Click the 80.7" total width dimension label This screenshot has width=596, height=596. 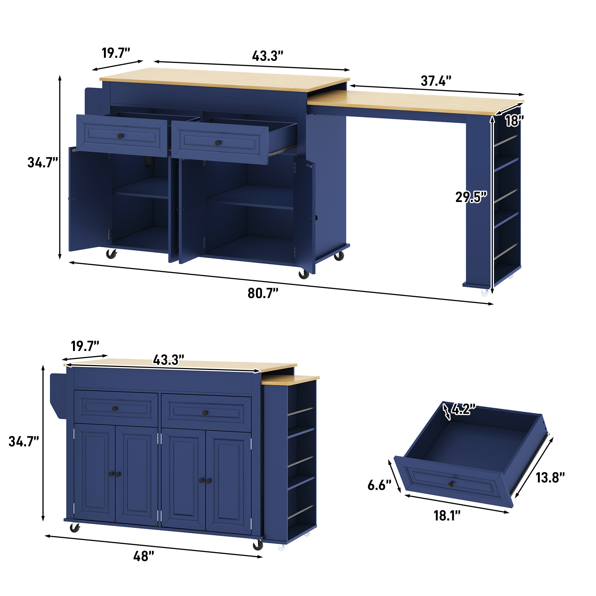tap(263, 293)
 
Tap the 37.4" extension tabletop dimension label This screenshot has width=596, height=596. tap(436, 80)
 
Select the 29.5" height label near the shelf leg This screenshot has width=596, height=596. tap(471, 197)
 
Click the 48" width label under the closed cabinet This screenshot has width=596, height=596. tap(143, 556)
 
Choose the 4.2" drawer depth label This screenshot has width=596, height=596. tap(463, 409)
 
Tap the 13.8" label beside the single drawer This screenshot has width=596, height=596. tap(550, 477)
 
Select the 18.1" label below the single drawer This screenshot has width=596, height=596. tap(447, 516)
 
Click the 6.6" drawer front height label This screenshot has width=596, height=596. tap(379, 485)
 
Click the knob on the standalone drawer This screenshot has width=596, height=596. tap(451, 484)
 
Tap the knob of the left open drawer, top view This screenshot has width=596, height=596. tap(120, 136)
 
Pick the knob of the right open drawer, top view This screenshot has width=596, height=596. tap(218, 143)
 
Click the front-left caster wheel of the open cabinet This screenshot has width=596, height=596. tap(111, 254)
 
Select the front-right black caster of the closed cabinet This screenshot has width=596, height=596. tap(257, 545)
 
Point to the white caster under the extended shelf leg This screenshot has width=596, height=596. tap(484, 292)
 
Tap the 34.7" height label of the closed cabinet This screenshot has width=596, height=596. tap(24, 441)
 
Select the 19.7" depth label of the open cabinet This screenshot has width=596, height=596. tap(116, 53)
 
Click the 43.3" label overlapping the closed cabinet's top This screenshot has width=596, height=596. tap(168, 360)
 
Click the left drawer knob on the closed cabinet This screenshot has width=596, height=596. tap(115, 409)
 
